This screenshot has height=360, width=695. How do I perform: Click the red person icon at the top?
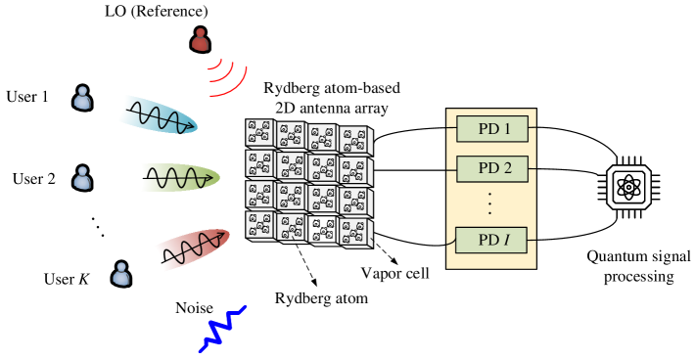pyautogui.click(x=201, y=40)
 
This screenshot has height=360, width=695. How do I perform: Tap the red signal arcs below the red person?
pyautogui.click(x=227, y=78)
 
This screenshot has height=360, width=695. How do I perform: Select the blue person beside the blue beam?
pyautogui.click(x=83, y=98)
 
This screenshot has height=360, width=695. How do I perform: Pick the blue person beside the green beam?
pyautogui.click(x=83, y=178)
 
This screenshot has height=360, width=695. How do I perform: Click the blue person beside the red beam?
pyautogui.click(x=121, y=274)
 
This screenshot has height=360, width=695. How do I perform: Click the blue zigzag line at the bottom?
pyautogui.click(x=222, y=329)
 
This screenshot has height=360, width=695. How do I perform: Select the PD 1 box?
pyautogui.click(x=492, y=129)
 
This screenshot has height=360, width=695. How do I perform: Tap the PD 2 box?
pyautogui.click(x=492, y=168)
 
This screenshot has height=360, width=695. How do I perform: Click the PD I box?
pyautogui.click(x=492, y=241)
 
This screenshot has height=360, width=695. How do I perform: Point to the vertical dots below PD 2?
pyautogui.click(x=489, y=203)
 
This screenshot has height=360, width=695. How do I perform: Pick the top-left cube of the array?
pyautogui.click(x=260, y=133)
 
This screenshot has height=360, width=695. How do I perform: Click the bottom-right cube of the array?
pyautogui.click(x=354, y=233)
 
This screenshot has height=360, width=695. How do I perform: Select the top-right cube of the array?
pyautogui.click(x=354, y=141)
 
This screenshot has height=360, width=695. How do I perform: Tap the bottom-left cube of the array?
pyautogui.click(x=260, y=225)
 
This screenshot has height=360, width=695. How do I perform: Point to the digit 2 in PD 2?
pyautogui.click(x=507, y=168)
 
